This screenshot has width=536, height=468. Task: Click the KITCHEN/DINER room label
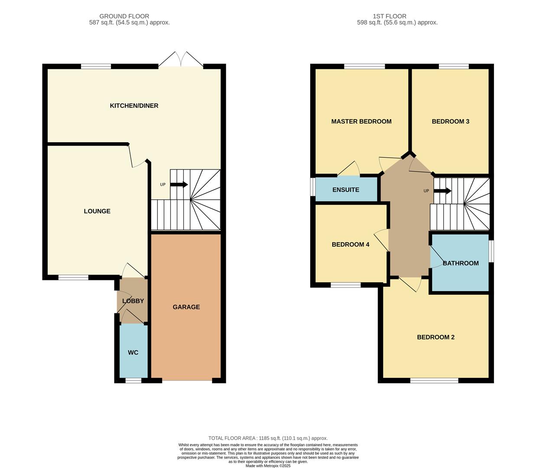(x=134, y=106)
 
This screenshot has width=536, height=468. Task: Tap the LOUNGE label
(x=97, y=211)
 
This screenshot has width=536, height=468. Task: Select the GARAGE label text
(x=186, y=307)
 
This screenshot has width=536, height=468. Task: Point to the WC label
(x=133, y=352)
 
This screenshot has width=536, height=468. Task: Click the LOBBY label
(x=133, y=301)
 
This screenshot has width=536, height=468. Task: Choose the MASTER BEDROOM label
(x=361, y=121)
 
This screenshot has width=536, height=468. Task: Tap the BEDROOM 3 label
(x=451, y=121)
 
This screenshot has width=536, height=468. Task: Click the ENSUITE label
(x=346, y=190)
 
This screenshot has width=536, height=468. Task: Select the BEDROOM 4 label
(x=351, y=244)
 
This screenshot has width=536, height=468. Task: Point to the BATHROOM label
(x=461, y=263)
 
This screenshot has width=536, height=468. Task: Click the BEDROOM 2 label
(x=435, y=337)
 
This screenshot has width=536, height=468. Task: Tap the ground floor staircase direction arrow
(x=179, y=184)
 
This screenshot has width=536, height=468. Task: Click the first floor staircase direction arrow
(x=442, y=191)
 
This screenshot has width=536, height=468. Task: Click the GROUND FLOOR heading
(x=124, y=16)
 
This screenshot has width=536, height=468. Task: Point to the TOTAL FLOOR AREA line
(x=268, y=438)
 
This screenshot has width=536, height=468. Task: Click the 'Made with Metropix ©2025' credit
(x=268, y=466)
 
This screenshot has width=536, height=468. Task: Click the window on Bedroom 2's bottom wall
(x=434, y=380)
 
